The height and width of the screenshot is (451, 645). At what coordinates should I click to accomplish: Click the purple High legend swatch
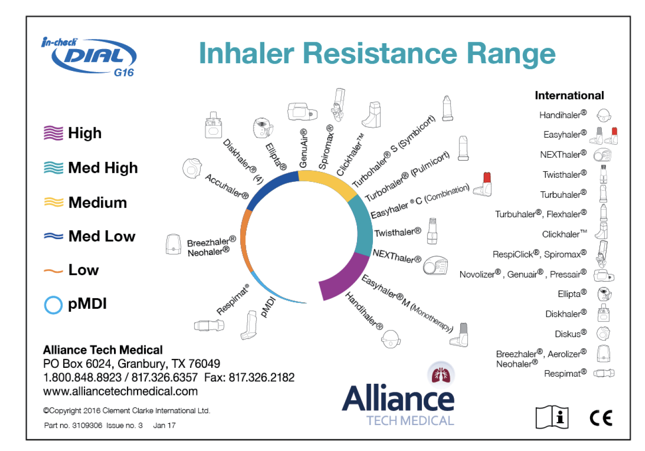[53, 133]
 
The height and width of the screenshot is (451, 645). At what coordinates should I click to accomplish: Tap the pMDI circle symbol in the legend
[53, 305]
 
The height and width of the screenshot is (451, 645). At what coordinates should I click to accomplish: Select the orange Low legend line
[53, 271]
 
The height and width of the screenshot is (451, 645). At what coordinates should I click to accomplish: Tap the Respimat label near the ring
[233, 300]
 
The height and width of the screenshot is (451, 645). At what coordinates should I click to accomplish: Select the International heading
[569, 95]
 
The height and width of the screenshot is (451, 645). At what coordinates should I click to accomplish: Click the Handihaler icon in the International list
[604, 115]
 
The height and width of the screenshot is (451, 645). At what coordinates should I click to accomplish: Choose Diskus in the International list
[571, 334]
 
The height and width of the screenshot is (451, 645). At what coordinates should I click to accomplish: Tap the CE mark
[600, 417]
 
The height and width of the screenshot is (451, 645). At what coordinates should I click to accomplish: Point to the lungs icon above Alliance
[441, 374]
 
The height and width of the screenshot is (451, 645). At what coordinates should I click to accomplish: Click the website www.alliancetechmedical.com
[120, 391]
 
